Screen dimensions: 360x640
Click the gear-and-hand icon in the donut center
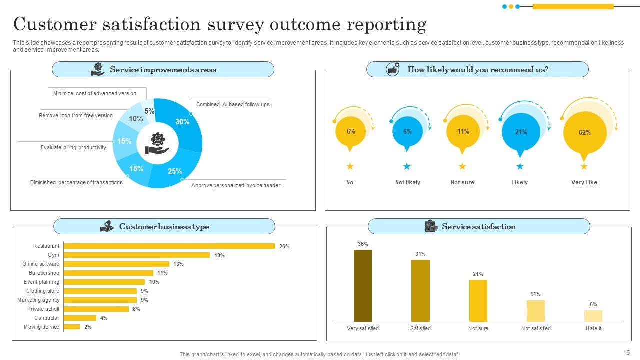(x=157, y=144)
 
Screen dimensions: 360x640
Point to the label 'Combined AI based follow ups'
(x=233, y=105)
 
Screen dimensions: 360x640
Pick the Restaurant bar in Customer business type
(x=169, y=246)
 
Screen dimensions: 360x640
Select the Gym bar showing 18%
(x=137, y=255)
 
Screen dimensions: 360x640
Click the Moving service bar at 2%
(x=72, y=327)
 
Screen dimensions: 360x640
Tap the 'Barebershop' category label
(x=44, y=273)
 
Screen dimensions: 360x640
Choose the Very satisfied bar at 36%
(x=363, y=285)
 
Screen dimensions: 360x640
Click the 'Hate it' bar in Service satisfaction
(x=593, y=316)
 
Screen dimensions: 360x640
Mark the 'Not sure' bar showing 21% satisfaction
(x=478, y=300)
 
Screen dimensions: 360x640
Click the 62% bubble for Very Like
(x=584, y=133)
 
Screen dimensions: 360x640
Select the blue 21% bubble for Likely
(x=521, y=132)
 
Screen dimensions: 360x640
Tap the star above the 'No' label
(x=350, y=166)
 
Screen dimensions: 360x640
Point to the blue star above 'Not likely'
(x=407, y=166)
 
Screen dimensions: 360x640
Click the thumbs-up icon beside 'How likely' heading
(x=393, y=69)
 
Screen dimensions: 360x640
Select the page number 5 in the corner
(x=628, y=352)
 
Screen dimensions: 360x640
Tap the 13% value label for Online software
(x=178, y=264)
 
